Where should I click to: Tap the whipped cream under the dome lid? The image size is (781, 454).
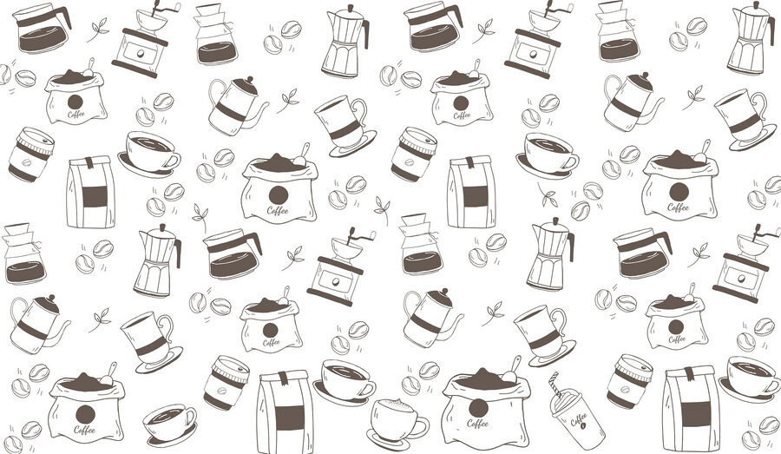coord(565,397)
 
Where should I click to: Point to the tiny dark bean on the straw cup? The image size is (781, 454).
coord(583,426)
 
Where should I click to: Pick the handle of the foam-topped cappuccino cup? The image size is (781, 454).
coord(421,427)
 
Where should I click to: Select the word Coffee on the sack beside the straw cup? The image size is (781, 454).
coord(477,423)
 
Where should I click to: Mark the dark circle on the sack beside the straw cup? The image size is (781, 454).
coord(478,408)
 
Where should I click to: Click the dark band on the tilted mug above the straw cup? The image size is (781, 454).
coord(544,339)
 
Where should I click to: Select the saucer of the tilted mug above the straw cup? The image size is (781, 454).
coord(554,355)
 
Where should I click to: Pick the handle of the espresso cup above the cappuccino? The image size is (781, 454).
coord(368,389)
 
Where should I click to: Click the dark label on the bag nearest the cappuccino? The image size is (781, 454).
coord(289,418)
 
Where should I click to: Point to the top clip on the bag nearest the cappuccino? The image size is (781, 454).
coord(283,378)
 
